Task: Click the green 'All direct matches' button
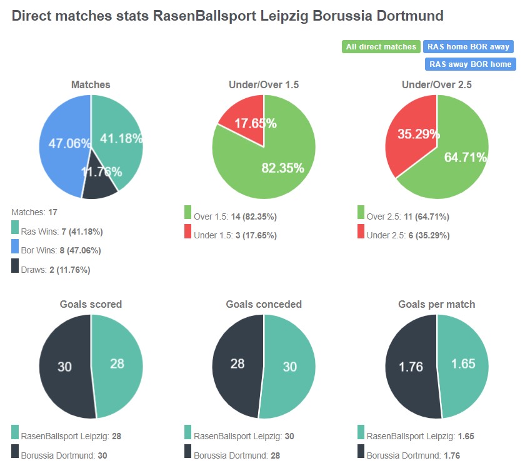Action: coord(381,47)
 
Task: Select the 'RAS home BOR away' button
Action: coord(468,47)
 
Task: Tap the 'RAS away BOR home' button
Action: coord(470,64)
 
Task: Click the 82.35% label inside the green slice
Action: coord(282,168)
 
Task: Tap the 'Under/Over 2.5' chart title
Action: coord(436,84)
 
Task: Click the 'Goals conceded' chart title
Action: coord(264,305)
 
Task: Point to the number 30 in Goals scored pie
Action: coord(65,367)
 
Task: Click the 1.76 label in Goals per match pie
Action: coord(411,367)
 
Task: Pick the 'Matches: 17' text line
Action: coord(34,213)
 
